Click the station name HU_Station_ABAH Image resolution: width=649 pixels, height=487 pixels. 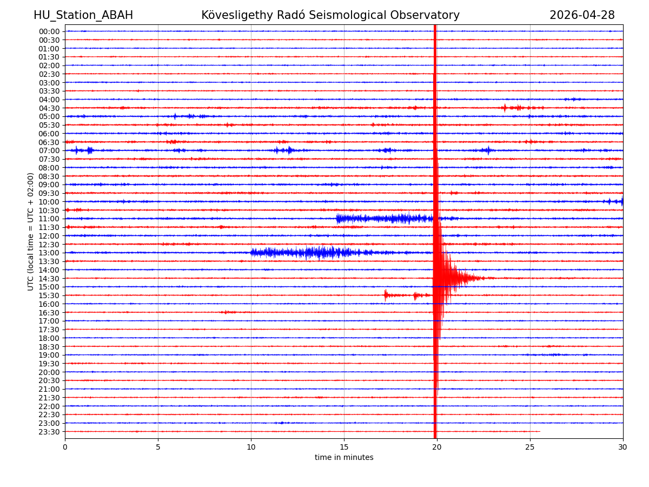pyautogui.click(x=83, y=16)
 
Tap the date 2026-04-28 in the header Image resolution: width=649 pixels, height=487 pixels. pyautogui.click(x=582, y=16)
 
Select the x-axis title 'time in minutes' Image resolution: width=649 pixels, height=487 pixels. pyautogui.click(x=344, y=458)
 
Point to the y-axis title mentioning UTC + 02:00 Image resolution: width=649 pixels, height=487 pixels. pyautogui.click(x=31, y=232)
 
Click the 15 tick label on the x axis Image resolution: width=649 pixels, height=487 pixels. pyautogui.click(x=344, y=447)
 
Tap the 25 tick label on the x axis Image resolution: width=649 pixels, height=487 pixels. pyautogui.click(x=530, y=447)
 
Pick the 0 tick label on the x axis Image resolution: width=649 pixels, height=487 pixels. pyautogui.click(x=65, y=447)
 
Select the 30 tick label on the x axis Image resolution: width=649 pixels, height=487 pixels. pyautogui.click(x=623, y=447)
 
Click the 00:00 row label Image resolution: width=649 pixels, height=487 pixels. pyautogui.click(x=49, y=31)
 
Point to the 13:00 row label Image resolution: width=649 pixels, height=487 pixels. pyautogui.click(x=49, y=253)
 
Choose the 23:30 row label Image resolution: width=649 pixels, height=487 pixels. pyautogui.click(x=49, y=432)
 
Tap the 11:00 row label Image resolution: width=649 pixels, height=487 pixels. pyautogui.click(x=49, y=219)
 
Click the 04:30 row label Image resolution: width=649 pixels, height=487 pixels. pyautogui.click(x=49, y=108)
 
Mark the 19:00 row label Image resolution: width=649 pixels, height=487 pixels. pyautogui.click(x=49, y=355)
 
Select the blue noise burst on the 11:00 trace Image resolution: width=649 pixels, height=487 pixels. pyautogui.click(x=384, y=219)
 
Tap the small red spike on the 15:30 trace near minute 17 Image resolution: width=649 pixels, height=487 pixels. pyautogui.click(x=386, y=295)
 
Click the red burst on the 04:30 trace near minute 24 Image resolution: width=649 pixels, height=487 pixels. pyautogui.click(x=511, y=108)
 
